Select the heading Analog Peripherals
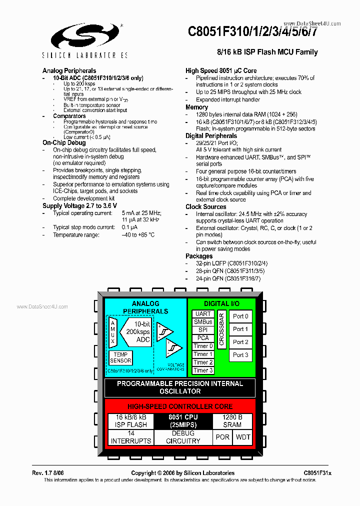point(69,70)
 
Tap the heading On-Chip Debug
point(64,143)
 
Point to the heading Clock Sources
point(205,206)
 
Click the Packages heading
point(199,256)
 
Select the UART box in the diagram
point(202,314)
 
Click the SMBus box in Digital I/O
point(202,322)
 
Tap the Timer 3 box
point(202,370)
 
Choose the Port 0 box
point(240,316)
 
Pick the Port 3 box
point(240,355)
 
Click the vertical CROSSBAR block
point(221,329)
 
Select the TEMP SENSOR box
point(120,357)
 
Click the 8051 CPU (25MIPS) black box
point(182,421)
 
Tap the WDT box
point(243,437)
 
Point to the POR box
point(222,437)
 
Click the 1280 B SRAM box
point(232,421)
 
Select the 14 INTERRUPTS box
point(130,437)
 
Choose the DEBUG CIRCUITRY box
point(182,437)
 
